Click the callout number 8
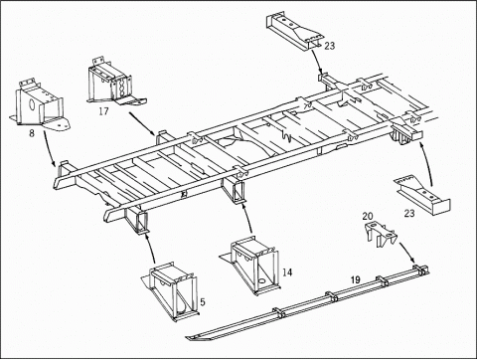pos(32,133)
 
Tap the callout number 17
pos(103,111)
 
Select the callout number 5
pos(203,301)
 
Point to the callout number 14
pos(287,272)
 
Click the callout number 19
pos(356,279)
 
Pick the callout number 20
pos(368,216)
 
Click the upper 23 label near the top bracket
pos(330,46)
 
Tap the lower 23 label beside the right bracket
pos(409,213)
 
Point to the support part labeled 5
pos(171,291)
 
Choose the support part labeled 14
pos(251,266)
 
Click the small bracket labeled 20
pos(381,235)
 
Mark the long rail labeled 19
pos(306,303)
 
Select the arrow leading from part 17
pos(142,124)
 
